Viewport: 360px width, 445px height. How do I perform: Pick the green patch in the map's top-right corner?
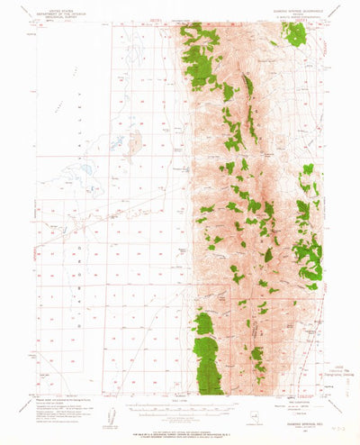click(294, 33)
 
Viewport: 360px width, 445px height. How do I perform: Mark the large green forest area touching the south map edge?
click(208, 364)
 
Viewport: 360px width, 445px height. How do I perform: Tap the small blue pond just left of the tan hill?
click(117, 141)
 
